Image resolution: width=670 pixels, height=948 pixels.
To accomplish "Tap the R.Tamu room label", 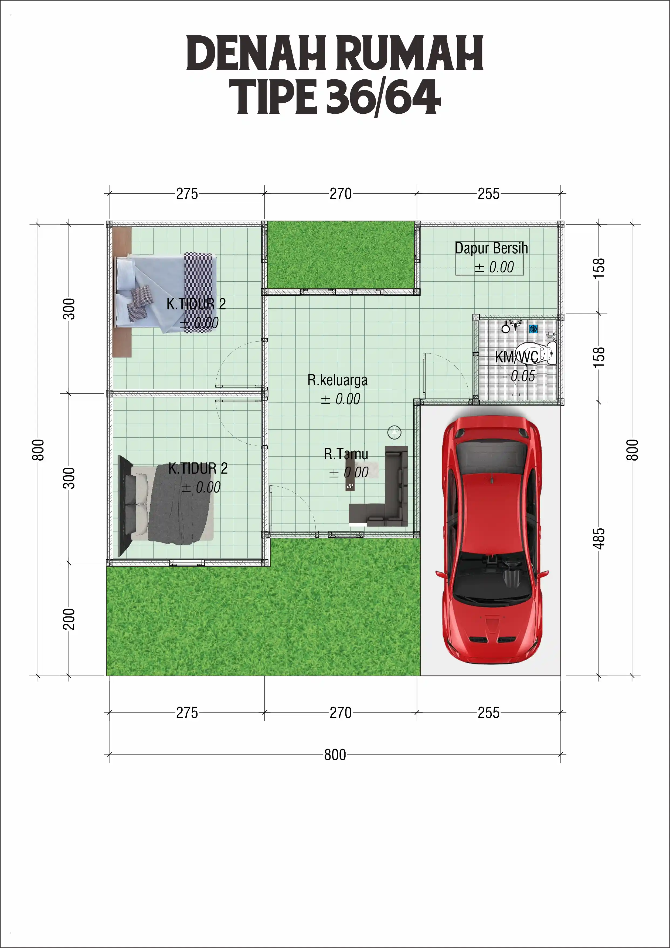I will [x=346, y=454].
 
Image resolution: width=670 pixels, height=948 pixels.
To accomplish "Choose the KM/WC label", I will [x=516, y=357].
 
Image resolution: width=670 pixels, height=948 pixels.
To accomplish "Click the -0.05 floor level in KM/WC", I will [x=519, y=376].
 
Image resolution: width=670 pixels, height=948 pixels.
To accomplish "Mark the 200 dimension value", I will [x=69, y=619].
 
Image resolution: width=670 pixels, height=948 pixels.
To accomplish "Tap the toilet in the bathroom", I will [x=540, y=352].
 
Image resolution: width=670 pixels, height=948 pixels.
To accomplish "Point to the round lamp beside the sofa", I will [x=394, y=432].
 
